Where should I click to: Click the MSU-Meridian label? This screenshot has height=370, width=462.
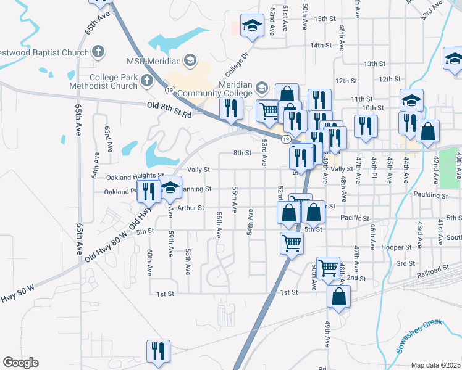(x=153, y=61)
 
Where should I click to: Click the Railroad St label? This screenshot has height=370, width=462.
(x=431, y=271)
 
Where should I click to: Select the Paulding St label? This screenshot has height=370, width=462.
(x=430, y=195)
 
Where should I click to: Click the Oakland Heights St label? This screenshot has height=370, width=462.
(x=134, y=178)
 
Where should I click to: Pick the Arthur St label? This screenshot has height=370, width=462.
(x=190, y=208)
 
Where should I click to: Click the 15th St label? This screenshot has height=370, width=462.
(x=324, y=19)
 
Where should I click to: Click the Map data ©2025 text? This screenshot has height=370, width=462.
(x=435, y=365)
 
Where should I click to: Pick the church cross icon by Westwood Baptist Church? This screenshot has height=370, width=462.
(x=98, y=52)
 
